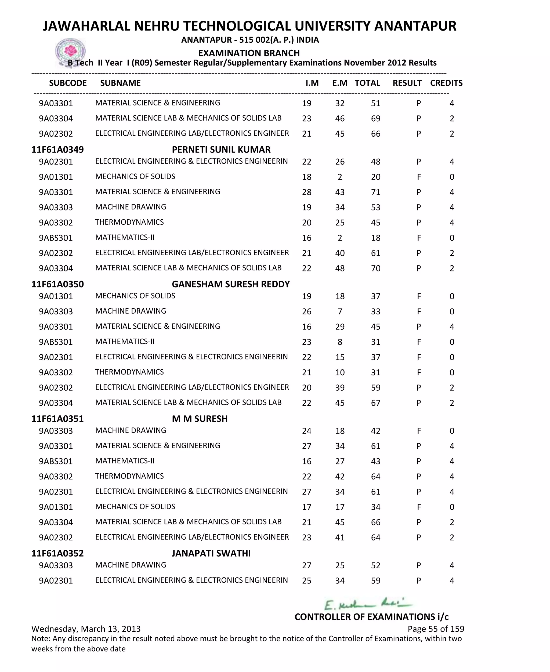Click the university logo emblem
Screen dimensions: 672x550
[x=70, y=52]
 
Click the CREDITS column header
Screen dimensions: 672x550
[x=446, y=83]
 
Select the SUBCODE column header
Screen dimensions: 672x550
[x=68, y=83]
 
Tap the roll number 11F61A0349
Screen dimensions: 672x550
[x=57, y=150]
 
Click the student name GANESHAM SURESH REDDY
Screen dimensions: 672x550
[x=231, y=284]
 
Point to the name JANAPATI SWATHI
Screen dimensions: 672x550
[x=211, y=553]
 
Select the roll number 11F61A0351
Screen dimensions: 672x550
[x=57, y=419]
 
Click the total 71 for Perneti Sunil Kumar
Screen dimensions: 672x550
[x=375, y=192]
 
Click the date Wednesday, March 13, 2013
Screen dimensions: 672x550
[x=86, y=629]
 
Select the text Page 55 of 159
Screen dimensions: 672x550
[x=436, y=629]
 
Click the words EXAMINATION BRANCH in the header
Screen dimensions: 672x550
[x=249, y=53]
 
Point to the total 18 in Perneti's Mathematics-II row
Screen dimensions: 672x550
[x=375, y=238]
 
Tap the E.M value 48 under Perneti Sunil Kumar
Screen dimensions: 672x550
[x=340, y=268]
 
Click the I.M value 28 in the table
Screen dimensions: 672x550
[x=306, y=192]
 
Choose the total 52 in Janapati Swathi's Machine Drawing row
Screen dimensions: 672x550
[x=375, y=565]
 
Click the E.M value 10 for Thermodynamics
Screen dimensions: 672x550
[x=340, y=372]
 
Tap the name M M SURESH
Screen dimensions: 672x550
[x=200, y=419]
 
